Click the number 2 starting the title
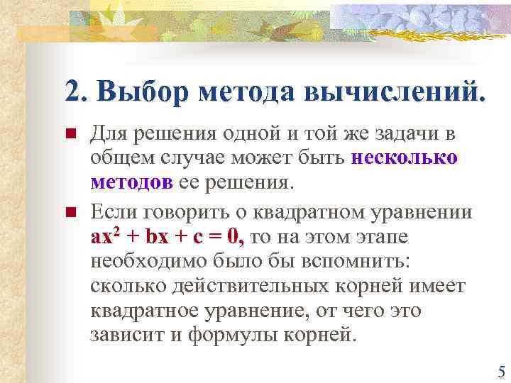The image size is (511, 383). [x=72, y=92]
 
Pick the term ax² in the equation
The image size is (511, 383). [x=107, y=238]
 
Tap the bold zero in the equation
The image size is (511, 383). [x=236, y=238]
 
